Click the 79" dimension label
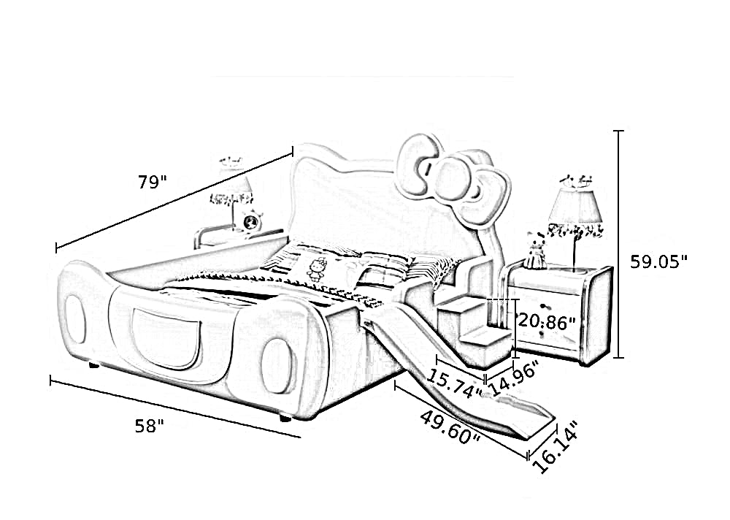click(x=152, y=182)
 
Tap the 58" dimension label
click(x=150, y=425)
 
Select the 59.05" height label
click(x=658, y=261)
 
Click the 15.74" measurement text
click(x=454, y=384)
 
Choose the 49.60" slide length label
click(x=450, y=428)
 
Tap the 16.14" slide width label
click(x=555, y=446)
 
